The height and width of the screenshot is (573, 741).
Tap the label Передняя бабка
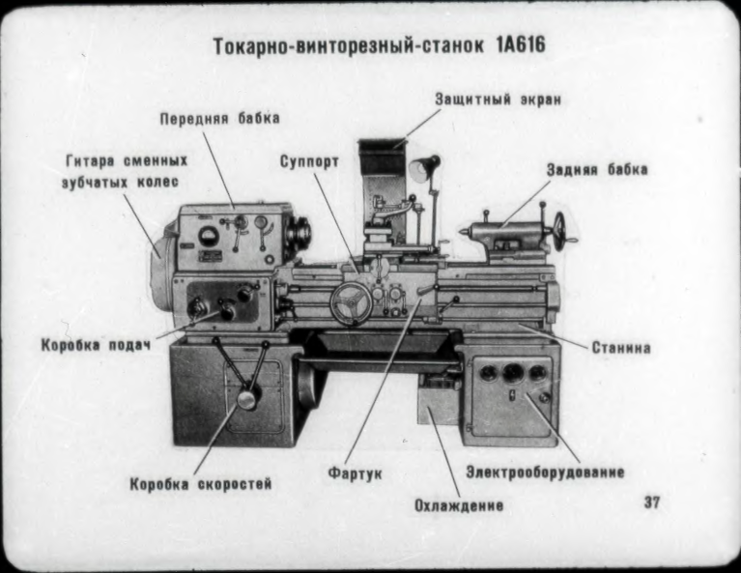219,119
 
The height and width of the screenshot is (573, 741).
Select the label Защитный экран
497,99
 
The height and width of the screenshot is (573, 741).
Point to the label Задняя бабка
596,169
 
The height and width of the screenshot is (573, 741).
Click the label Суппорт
309,161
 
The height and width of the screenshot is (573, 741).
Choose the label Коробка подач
96,345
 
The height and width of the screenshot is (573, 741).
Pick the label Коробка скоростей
201,483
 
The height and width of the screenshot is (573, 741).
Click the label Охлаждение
458,505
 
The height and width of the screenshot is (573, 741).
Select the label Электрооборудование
545,473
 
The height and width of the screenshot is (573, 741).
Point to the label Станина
621,346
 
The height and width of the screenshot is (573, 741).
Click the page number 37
651,502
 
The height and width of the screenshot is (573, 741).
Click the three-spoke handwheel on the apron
351,303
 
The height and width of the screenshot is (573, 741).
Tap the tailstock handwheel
559,231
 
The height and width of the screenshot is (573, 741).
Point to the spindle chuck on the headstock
299,233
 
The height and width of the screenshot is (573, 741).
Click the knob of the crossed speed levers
248,397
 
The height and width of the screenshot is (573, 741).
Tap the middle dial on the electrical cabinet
512,372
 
